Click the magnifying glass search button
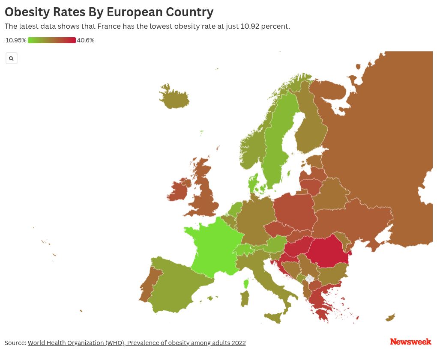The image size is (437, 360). pos(11,58)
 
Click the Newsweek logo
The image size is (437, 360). pos(410,342)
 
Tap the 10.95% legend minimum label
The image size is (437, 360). pos(16,40)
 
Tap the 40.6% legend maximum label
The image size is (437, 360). pos(86,40)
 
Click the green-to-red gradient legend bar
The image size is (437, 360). pos(52,40)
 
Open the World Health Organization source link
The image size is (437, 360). pos(137,343)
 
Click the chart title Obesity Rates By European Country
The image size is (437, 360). pos(109,12)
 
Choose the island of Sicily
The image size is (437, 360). pos(274,317)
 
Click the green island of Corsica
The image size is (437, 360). pos(246,283)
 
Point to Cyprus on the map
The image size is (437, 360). pos(390,318)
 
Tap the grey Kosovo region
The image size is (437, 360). pos(309,279)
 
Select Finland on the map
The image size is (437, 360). pos(311,124)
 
